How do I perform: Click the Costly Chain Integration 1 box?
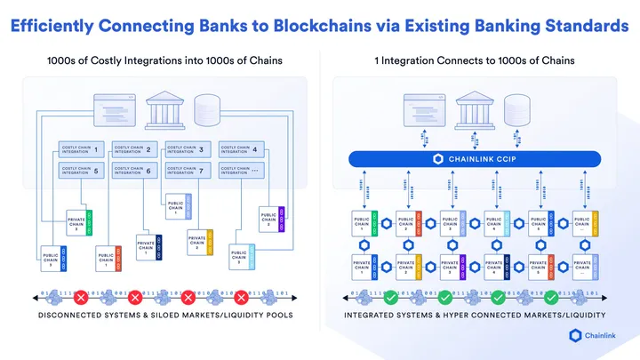click(81, 148)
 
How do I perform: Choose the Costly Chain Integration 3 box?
click(187, 148)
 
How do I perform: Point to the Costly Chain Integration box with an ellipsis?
click(240, 169)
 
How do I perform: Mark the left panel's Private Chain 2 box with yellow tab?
click(200, 243)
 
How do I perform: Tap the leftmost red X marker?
click(80, 296)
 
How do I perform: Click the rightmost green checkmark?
click(551, 296)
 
